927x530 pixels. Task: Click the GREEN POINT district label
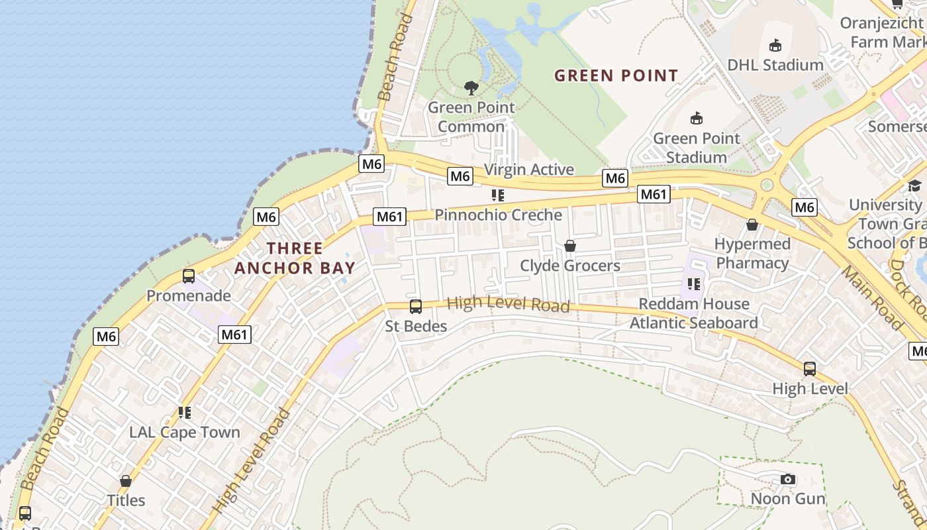point(616,76)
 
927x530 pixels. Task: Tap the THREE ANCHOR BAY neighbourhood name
point(295,258)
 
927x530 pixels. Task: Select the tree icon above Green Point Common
point(471,87)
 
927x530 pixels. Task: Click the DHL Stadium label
point(775,65)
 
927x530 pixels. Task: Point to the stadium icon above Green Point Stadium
point(696,119)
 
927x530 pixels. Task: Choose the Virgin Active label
point(529,170)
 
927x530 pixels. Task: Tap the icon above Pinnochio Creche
point(498,195)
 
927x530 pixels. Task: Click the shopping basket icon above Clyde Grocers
point(569,246)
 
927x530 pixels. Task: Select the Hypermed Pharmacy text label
point(752,254)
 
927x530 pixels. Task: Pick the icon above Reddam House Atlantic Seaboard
point(693,284)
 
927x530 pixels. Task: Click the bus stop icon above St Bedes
point(416,307)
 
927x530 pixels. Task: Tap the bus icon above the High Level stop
point(809,369)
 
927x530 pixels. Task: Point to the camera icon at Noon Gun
point(787,479)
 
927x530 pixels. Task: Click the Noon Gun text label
point(788,498)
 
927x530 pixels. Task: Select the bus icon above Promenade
point(189,276)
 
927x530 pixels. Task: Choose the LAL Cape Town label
point(185,433)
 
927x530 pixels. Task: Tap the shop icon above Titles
point(126,481)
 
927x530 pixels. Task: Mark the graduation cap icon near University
point(914,185)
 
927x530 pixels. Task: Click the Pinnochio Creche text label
point(498,215)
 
